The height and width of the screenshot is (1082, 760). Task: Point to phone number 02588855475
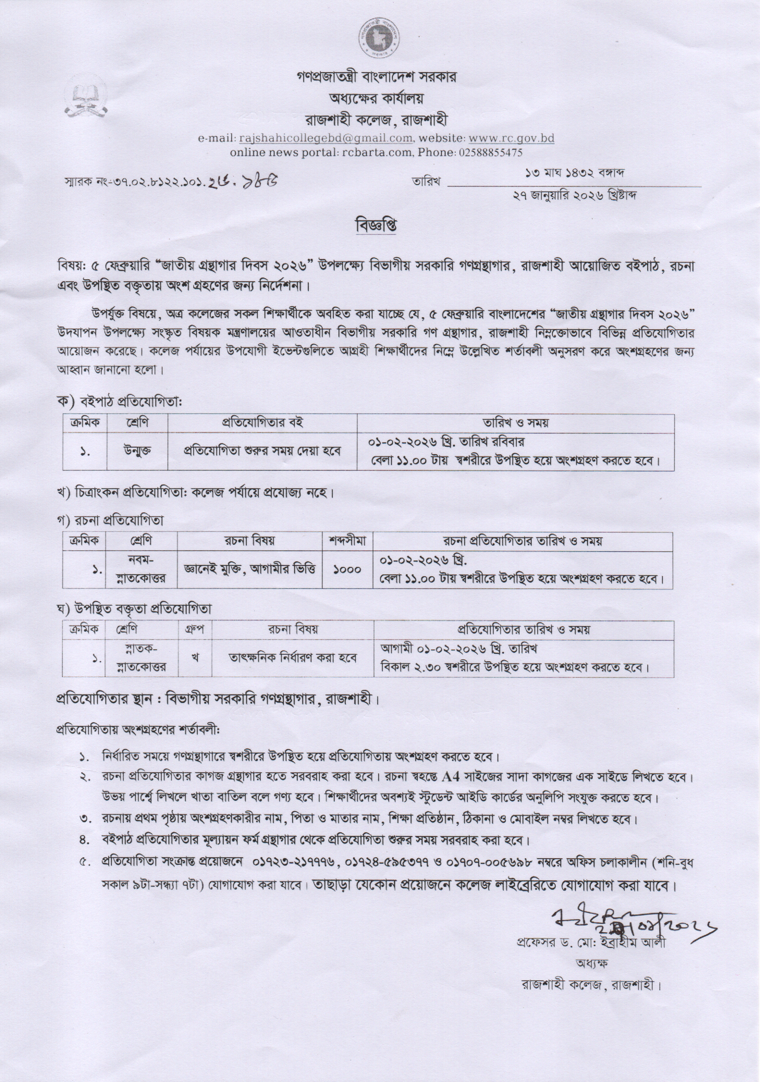(x=489, y=153)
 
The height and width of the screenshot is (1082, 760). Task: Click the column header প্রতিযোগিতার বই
(x=262, y=423)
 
